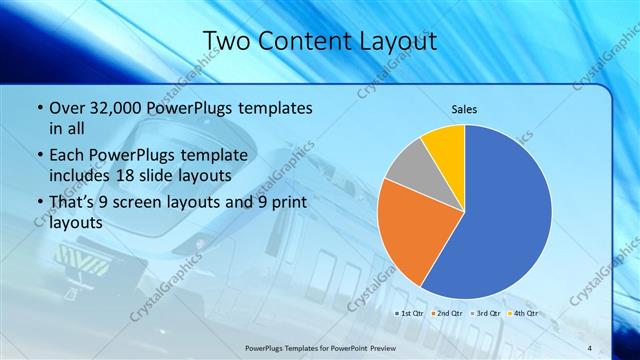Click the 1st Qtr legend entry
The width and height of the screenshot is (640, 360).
tap(410, 313)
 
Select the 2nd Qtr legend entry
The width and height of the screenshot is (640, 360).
tap(448, 313)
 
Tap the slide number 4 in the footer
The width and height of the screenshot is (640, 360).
tap(590, 348)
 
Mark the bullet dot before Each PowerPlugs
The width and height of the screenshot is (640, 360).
tap(39, 156)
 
